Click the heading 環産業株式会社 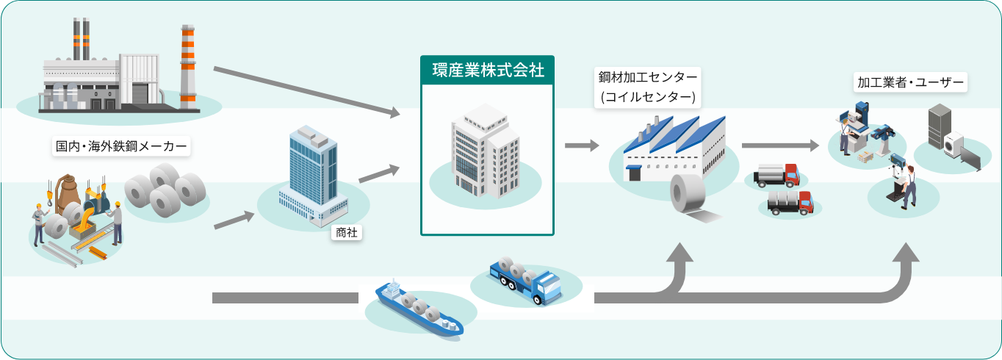coord(487,71)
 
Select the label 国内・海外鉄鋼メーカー coord(121,146)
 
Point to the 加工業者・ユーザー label coord(910,82)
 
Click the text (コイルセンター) coord(648,97)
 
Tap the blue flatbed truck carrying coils coord(527,282)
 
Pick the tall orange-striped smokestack coord(188,66)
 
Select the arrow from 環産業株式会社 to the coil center coord(582,145)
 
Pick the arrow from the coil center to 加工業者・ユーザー coord(779,145)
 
